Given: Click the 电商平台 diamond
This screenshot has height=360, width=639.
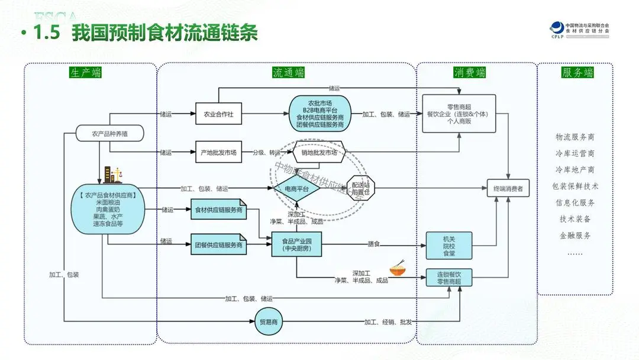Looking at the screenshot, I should pyautogui.click(x=296, y=189).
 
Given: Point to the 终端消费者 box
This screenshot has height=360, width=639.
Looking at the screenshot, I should pyautogui.click(x=508, y=189).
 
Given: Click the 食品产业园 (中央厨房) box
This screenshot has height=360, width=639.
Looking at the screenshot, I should pyautogui.click(x=296, y=245).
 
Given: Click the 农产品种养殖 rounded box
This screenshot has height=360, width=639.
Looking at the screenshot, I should pyautogui.click(x=109, y=134).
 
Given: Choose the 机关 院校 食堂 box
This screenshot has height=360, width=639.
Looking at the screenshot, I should pyautogui.click(x=449, y=245).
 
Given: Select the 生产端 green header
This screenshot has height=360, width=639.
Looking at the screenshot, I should pyautogui.click(x=85, y=73).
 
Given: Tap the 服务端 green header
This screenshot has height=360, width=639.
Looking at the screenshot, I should pyautogui.click(x=577, y=73).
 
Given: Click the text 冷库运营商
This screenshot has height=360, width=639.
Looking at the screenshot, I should pyautogui.click(x=575, y=153).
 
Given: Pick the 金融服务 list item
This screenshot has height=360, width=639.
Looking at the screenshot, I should pyautogui.click(x=575, y=235).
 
